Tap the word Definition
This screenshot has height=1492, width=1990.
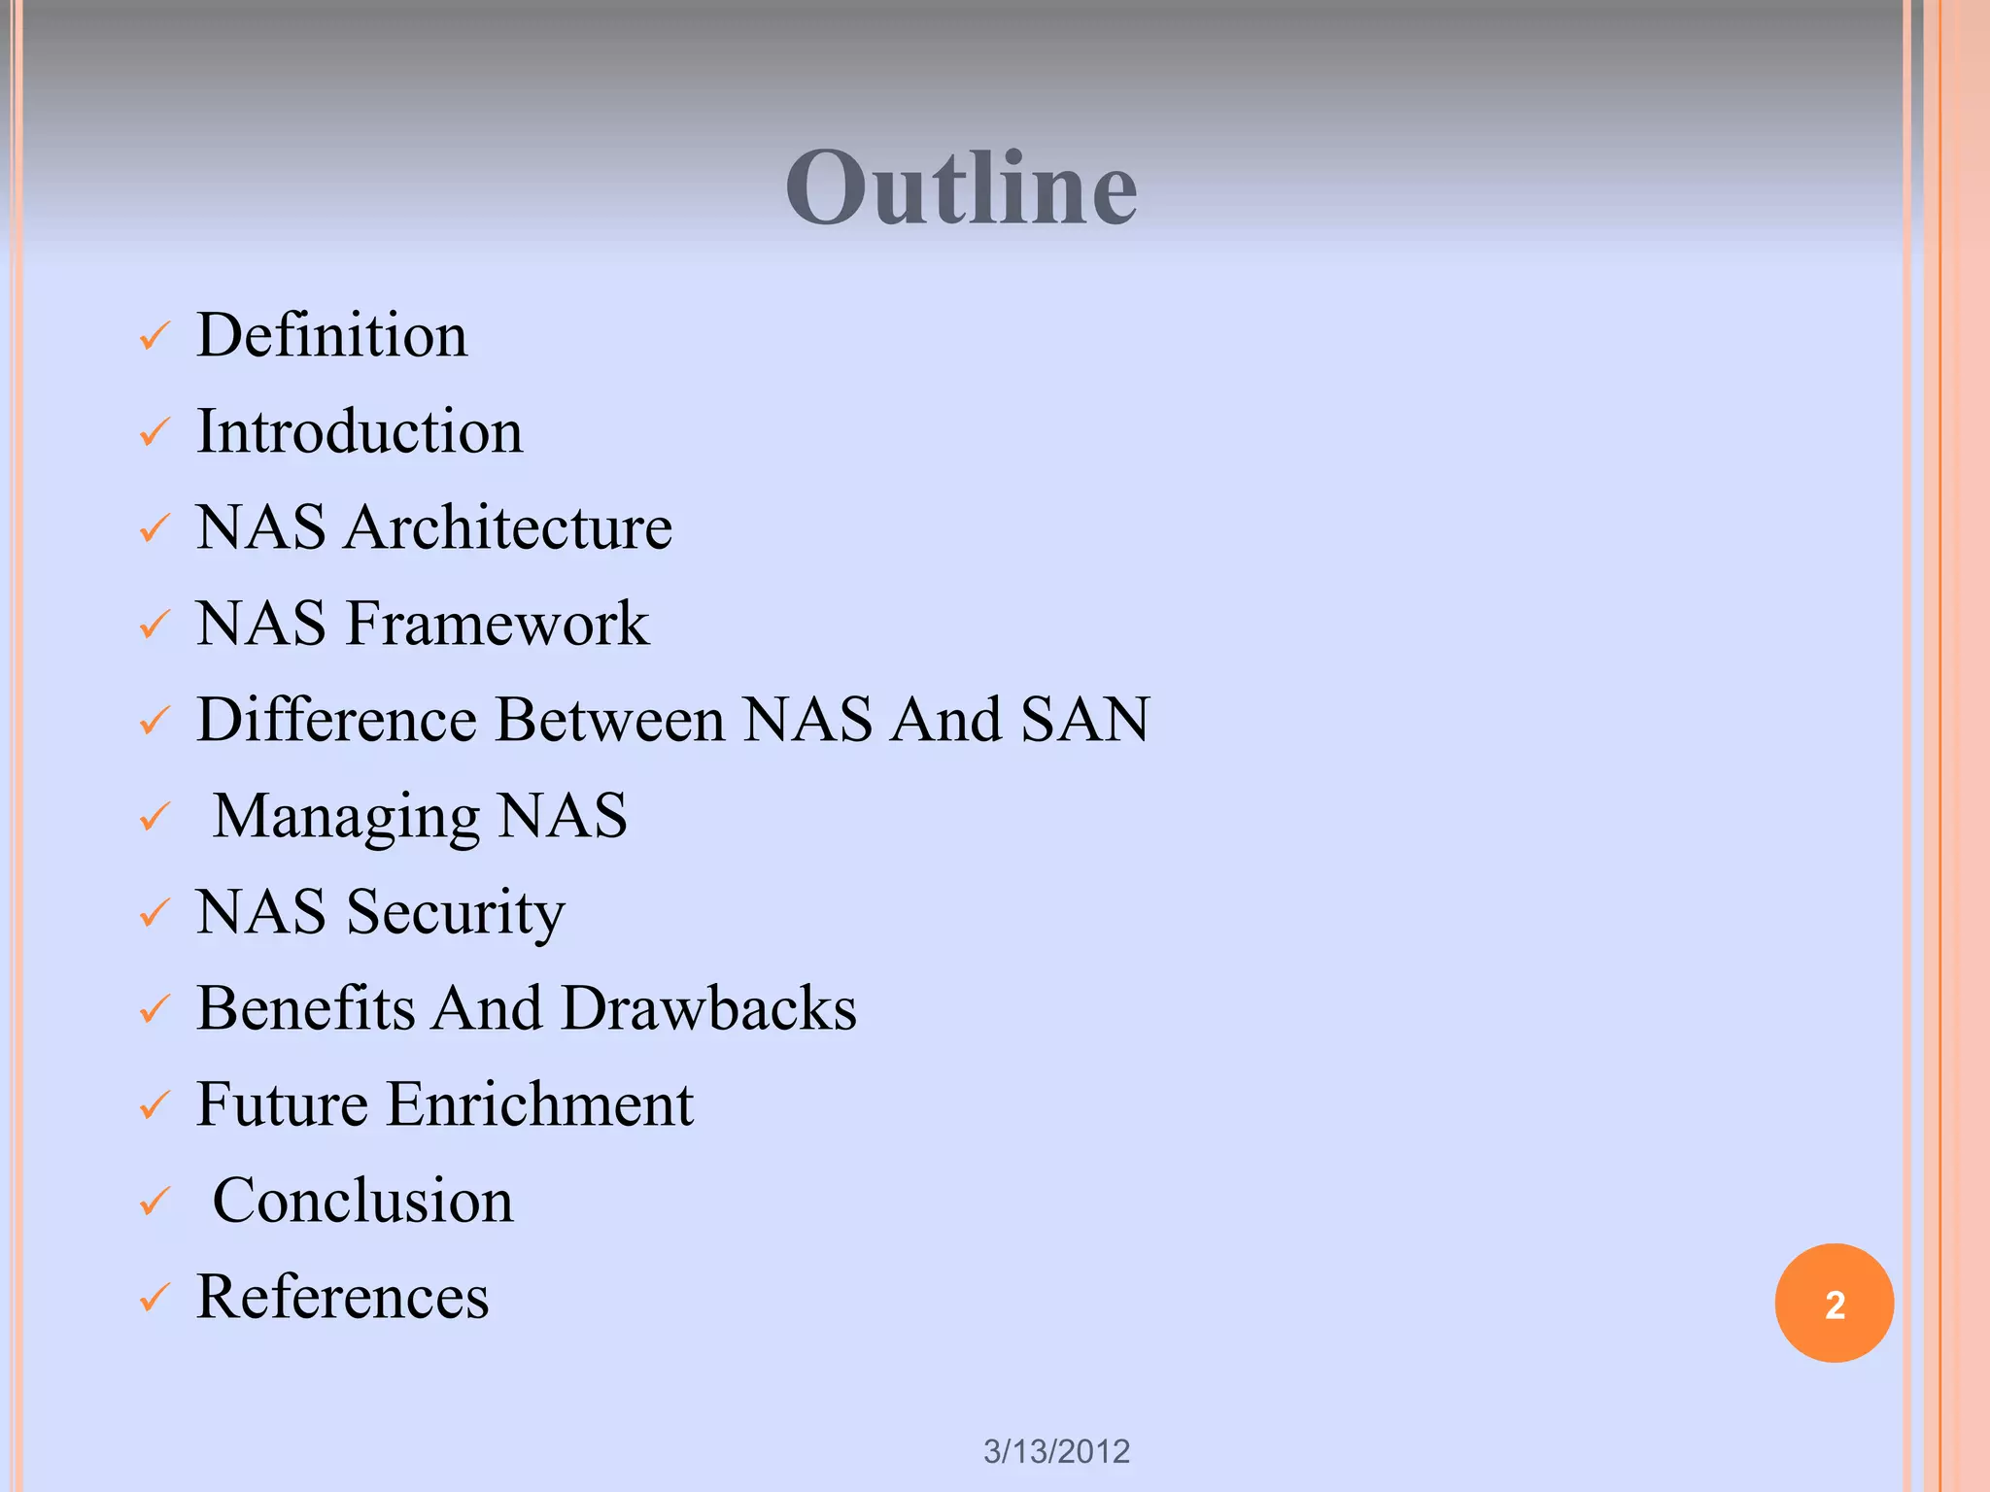(x=332, y=335)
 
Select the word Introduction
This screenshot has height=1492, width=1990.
(x=360, y=431)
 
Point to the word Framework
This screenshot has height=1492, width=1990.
(x=497, y=624)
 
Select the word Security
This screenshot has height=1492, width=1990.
(x=456, y=913)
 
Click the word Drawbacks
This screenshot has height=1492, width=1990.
(x=709, y=1008)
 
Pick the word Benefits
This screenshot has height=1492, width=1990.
(x=306, y=1008)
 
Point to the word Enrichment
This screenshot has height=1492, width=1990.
(x=540, y=1104)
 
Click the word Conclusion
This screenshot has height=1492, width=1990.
(x=362, y=1201)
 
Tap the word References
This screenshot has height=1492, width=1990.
(x=343, y=1297)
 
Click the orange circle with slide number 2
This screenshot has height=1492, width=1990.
(x=1834, y=1304)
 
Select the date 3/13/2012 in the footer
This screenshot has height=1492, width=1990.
(x=1056, y=1451)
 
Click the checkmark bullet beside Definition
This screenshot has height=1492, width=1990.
(x=154, y=337)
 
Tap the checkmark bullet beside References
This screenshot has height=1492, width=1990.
(x=154, y=1299)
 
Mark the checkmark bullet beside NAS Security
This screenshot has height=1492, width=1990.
(x=154, y=914)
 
